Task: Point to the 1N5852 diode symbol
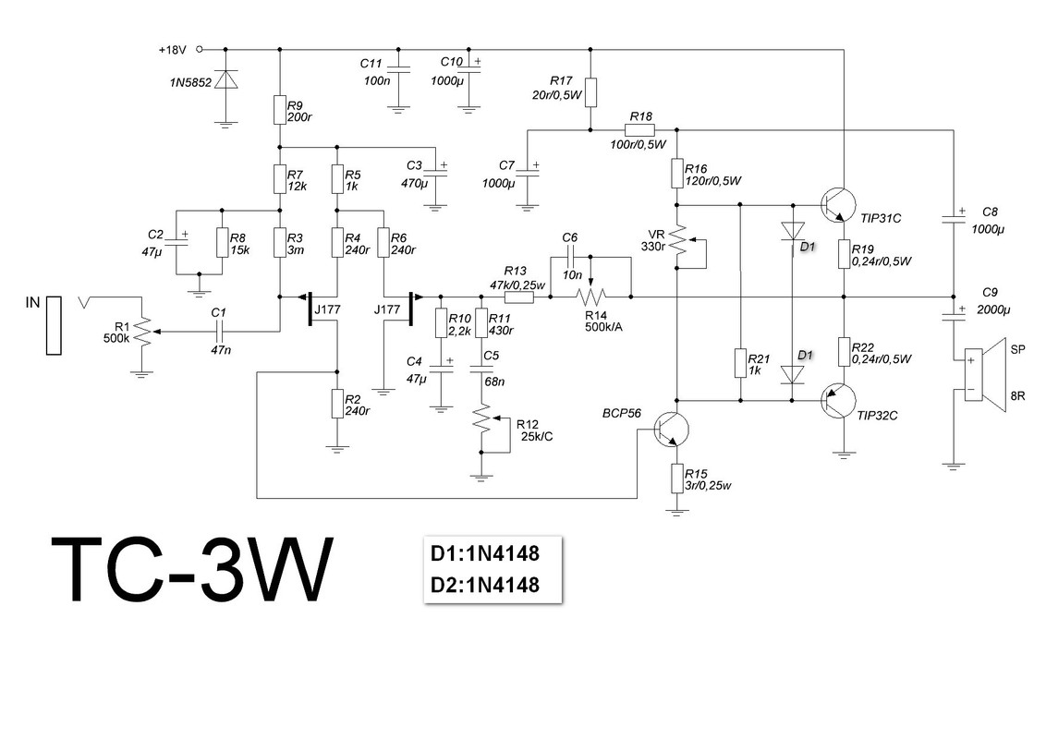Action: coord(223,81)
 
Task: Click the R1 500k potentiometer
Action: coord(140,330)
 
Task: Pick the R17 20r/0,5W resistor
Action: coord(590,92)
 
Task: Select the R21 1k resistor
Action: coord(740,361)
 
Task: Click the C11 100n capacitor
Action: coord(398,67)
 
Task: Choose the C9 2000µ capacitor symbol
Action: coord(952,314)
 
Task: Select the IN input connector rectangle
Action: coord(54,325)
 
